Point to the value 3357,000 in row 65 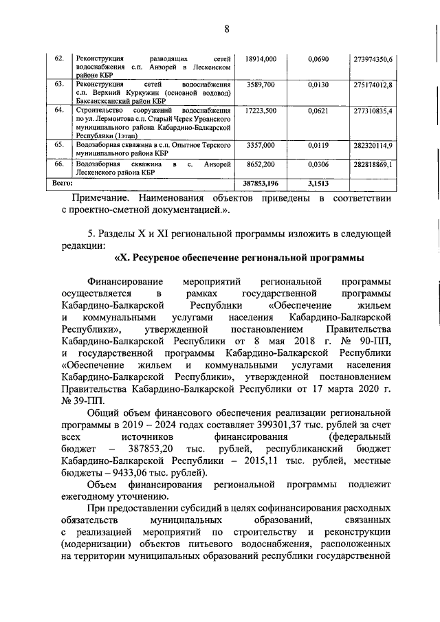tap(261, 145)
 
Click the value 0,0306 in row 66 tap(318, 166)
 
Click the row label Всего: tap(64, 184)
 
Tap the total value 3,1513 tap(318, 184)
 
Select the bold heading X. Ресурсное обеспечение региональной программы tap(237, 258)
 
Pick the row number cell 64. tap(58, 110)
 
